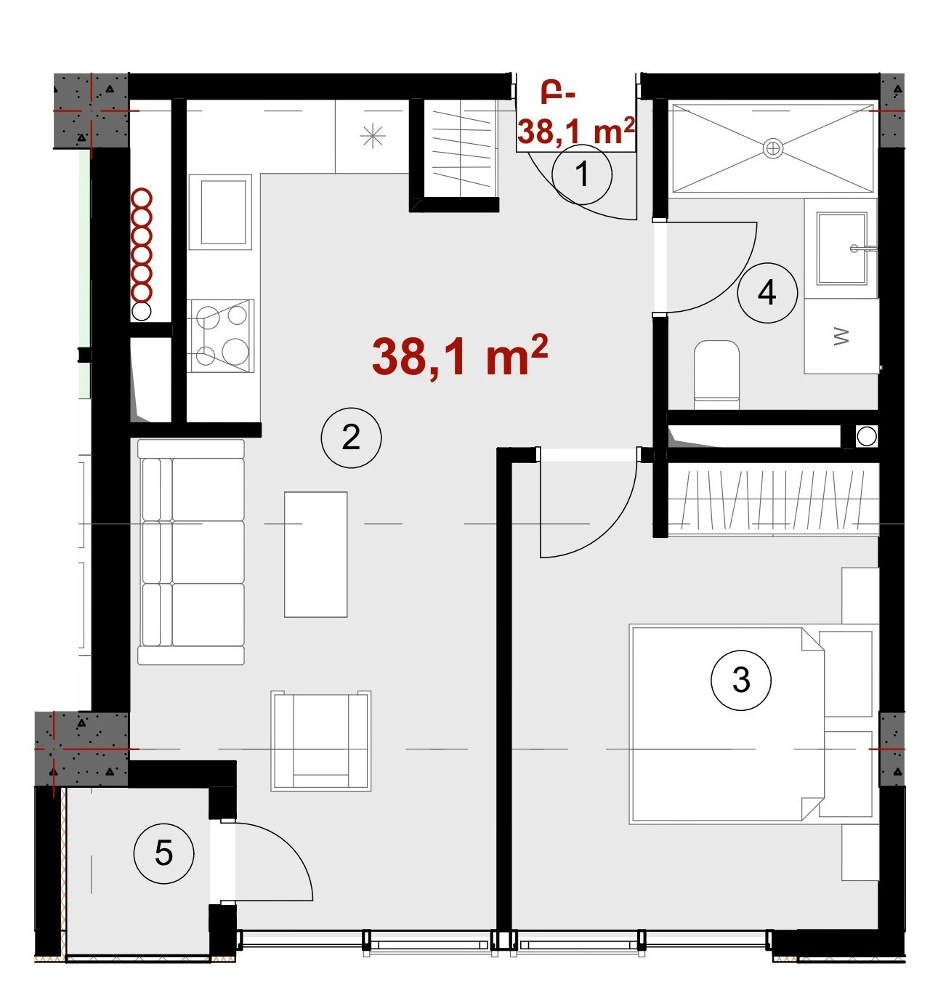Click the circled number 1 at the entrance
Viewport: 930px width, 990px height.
[x=582, y=175]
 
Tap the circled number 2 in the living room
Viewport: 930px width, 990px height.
[x=352, y=438]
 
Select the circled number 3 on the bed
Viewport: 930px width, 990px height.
[x=741, y=680]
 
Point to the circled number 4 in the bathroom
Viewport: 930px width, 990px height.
[x=767, y=293]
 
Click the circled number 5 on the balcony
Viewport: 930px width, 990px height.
[x=163, y=853]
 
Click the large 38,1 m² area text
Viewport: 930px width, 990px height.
[x=459, y=355]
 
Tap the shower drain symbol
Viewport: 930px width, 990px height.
[x=773, y=148]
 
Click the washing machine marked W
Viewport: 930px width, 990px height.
[x=841, y=337]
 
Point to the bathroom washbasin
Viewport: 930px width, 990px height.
[x=842, y=249]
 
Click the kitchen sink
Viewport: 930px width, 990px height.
[x=220, y=212]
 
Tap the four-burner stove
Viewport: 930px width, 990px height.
[x=221, y=336]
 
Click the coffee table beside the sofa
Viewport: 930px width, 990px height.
[x=315, y=555]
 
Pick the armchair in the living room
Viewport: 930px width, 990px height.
[x=321, y=740]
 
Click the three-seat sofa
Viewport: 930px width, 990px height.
[x=191, y=552]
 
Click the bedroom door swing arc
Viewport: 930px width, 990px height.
[x=611, y=530]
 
